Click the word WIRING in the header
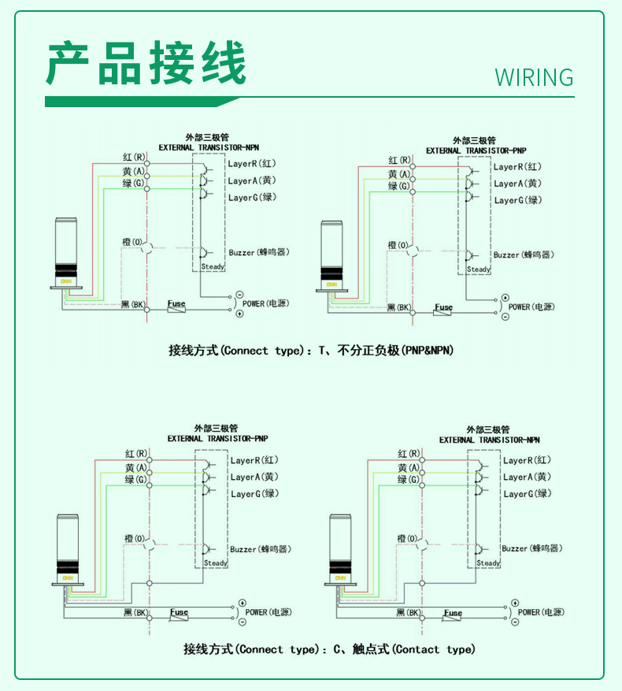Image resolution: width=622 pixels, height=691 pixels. (x=534, y=77)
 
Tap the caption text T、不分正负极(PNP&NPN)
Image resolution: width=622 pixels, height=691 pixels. (x=385, y=351)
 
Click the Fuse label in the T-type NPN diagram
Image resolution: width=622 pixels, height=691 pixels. (x=176, y=303)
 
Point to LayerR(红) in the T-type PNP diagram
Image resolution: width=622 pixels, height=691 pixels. (x=517, y=167)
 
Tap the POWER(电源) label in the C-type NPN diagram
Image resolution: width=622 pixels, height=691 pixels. (x=539, y=612)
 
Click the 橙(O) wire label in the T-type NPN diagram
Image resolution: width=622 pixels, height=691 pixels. (x=131, y=241)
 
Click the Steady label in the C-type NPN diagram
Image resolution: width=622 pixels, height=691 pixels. (x=488, y=563)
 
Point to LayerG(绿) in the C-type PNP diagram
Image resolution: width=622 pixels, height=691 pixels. (x=254, y=494)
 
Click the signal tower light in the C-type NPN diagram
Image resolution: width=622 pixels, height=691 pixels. (x=341, y=548)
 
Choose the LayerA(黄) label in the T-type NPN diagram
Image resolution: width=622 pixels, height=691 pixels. (x=253, y=180)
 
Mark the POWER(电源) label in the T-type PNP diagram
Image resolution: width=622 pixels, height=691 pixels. (x=531, y=306)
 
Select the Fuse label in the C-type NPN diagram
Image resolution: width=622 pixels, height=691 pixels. (x=453, y=613)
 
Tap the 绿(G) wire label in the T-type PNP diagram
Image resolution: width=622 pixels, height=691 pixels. (x=398, y=187)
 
